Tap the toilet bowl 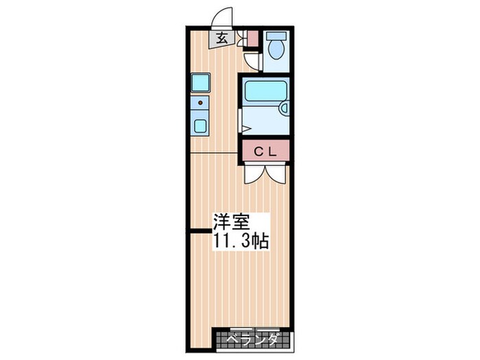click(x=276, y=50)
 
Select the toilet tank click(x=276, y=36)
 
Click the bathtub click(x=266, y=90)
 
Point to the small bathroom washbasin click(x=285, y=108)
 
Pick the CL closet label click(x=266, y=152)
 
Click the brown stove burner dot click(x=200, y=103)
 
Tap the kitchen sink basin click(x=200, y=125)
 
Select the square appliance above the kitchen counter click(x=200, y=83)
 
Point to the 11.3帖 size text click(x=241, y=241)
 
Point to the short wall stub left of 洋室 click(x=200, y=231)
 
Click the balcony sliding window click(x=255, y=329)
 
